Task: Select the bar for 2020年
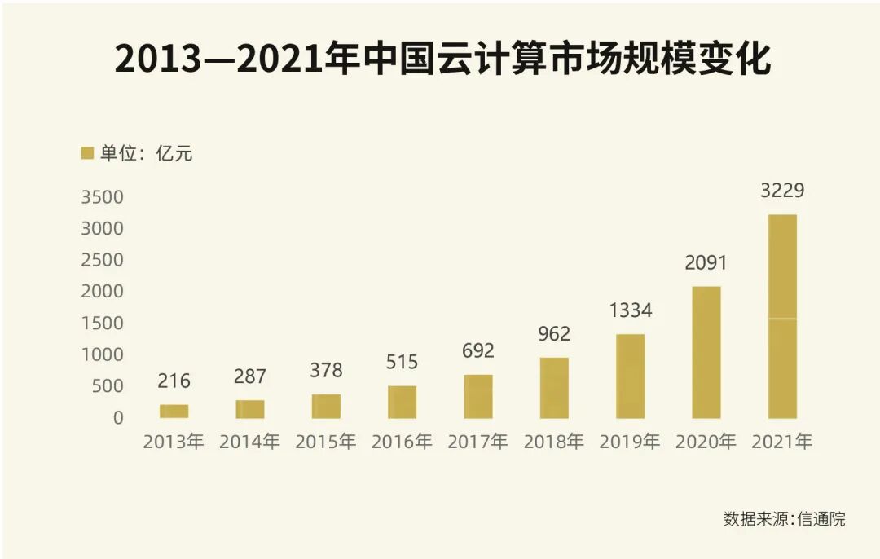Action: click(706, 352)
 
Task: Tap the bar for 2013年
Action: click(174, 412)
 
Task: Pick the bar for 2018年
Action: click(554, 388)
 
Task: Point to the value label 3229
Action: click(782, 191)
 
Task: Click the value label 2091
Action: click(706, 263)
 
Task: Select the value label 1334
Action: click(630, 310)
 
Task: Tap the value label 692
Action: click(477, 351)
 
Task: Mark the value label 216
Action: click(174, 381)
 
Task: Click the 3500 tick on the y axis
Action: click(103, 197)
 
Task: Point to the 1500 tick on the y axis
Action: click(103, 324)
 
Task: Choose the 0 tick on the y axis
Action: click(118, 418)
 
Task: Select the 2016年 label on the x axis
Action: click(402, 442)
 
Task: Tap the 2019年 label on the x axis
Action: click(630, 442)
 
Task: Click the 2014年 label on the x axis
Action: click(249, 442)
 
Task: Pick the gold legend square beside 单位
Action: click(87, 152)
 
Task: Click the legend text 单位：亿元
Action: click(147, 153)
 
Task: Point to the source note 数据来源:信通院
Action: click(784, 519)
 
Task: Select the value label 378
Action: click(326, 370)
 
